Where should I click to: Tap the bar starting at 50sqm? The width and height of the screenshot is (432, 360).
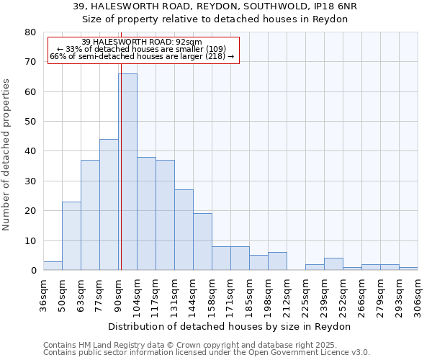[71, 236]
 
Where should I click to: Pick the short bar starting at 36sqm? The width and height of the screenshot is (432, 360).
[53, 266]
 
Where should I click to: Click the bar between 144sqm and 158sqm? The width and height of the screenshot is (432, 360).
[202, 242]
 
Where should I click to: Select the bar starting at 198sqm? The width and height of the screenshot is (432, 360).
[277, 261]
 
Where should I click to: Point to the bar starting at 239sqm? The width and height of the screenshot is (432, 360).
[333, 264]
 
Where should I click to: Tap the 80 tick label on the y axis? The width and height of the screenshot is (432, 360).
[30, 32]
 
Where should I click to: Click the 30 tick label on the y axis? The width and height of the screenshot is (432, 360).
[30, 181]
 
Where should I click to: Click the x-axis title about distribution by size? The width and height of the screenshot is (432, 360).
[230, 326]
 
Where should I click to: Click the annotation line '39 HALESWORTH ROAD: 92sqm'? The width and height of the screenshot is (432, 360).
[142, 42]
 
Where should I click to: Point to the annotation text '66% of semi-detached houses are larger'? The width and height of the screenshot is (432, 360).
[142, 56]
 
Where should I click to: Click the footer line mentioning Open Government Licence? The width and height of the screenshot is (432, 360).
[207, 352]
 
